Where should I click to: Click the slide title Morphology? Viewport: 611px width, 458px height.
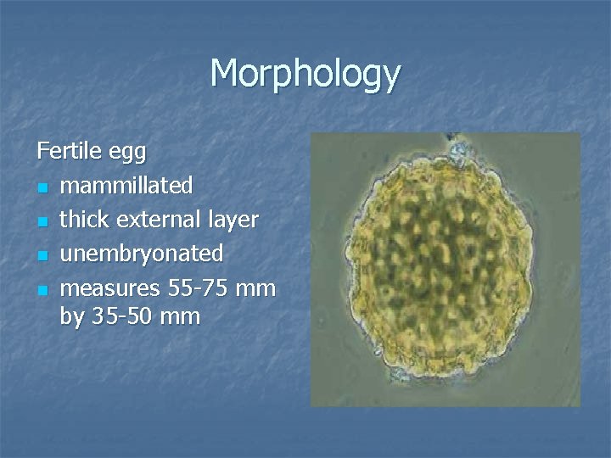tap(305, 75)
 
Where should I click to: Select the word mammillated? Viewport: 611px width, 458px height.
tap(127, 185)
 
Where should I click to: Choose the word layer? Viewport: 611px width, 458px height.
tap(233, 221)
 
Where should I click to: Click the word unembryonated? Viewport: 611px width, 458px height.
tap(142, 254)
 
